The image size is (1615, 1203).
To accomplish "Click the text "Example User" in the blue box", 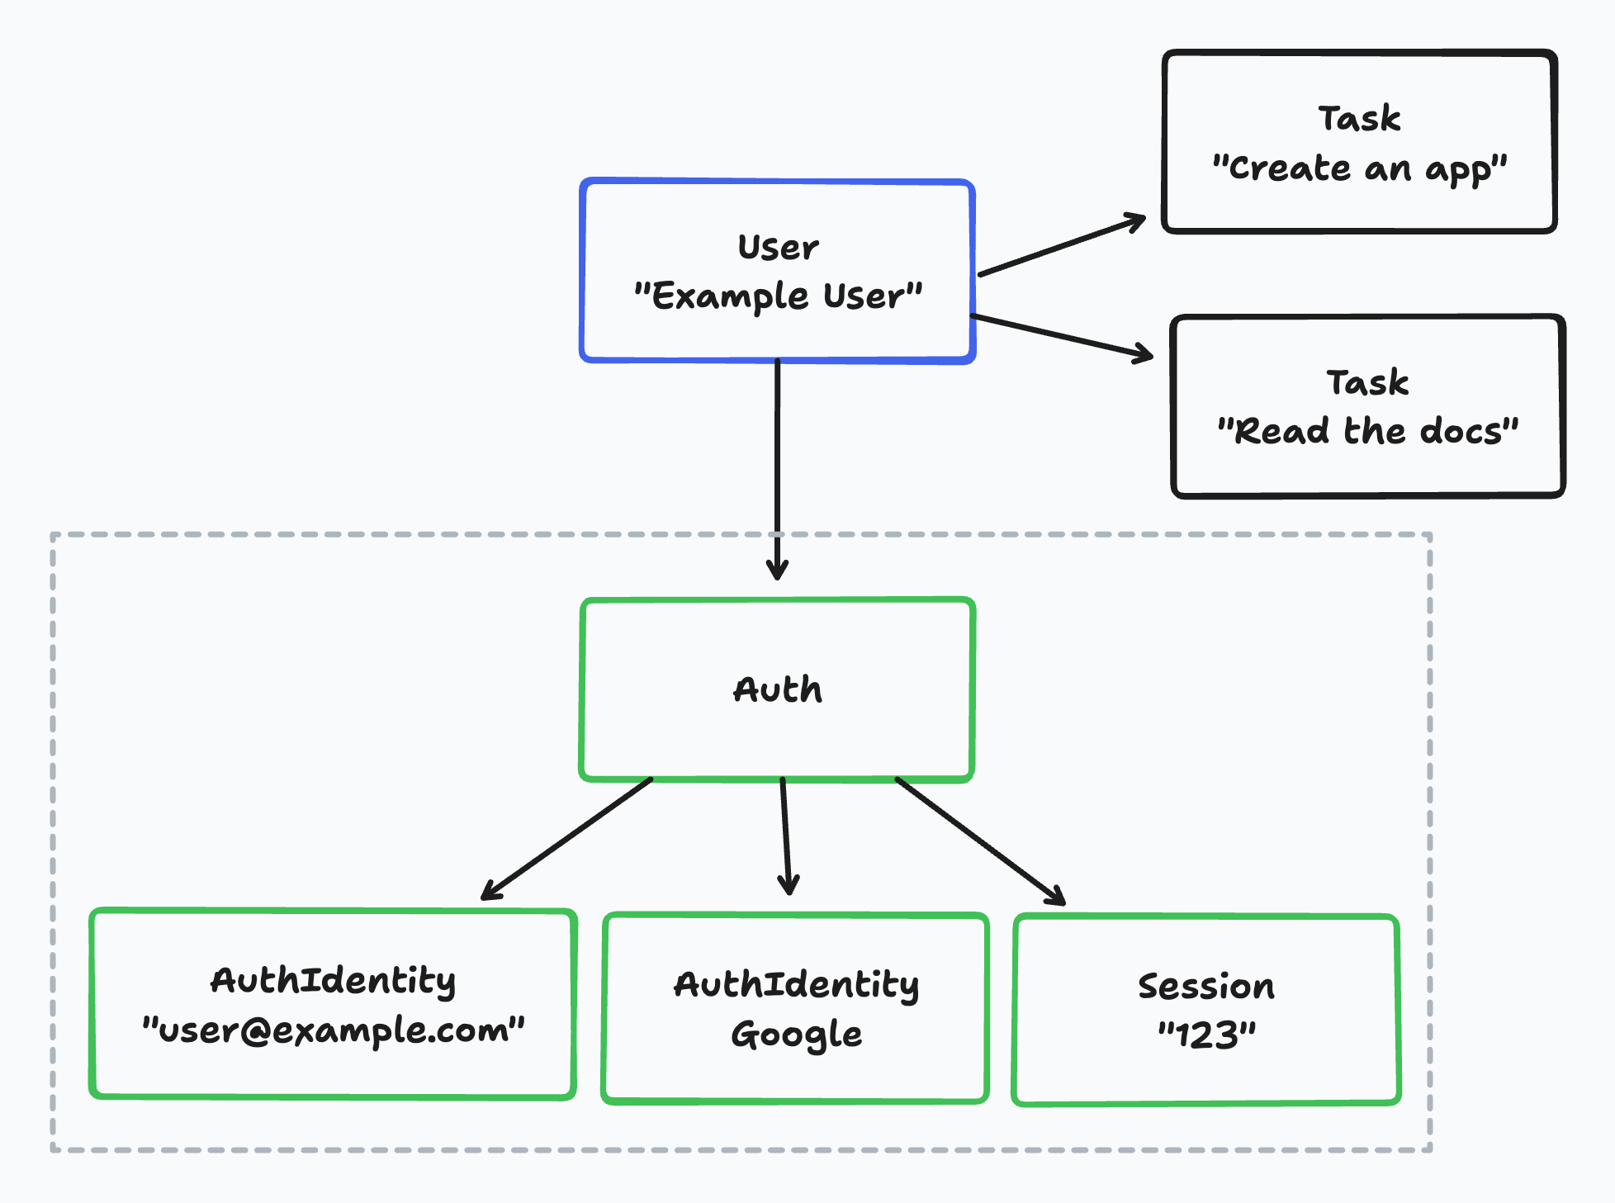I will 778,296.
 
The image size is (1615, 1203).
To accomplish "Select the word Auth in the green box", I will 778,689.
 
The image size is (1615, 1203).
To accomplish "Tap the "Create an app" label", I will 1359,168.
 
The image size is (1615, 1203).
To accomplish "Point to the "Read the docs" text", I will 1367,431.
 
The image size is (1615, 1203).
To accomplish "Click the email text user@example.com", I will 333,1030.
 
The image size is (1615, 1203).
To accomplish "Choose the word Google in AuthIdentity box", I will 796,1034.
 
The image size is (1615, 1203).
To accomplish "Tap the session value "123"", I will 1205,1035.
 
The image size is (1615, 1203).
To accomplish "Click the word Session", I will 1205,986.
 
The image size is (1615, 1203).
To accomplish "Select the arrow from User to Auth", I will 777,462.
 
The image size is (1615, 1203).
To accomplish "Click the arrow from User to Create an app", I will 1061,246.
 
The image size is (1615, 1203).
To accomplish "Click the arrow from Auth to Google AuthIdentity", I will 785,834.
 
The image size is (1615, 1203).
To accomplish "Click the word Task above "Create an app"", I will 1359,119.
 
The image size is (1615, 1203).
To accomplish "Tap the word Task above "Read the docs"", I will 1367,382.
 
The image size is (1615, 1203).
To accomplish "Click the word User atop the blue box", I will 778,248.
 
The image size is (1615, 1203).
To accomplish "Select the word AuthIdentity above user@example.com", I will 333,981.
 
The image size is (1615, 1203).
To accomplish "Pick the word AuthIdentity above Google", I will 796,984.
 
